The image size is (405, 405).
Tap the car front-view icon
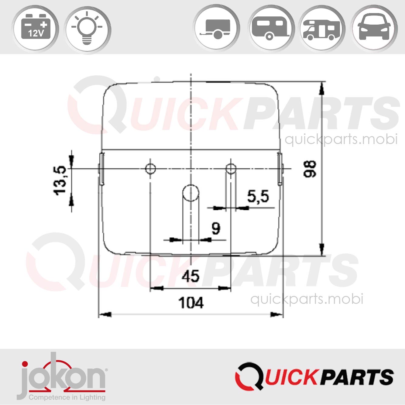pyautogui.click(x=374, y=28)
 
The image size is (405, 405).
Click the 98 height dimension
pyautogui.click(x=310, y=169)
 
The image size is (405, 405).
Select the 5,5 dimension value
pyautogui.click(x=258, y=197)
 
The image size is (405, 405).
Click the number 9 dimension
pyautogui.click(x=216, y=228)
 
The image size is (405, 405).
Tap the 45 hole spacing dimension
pyautogui.click(x=190, y=276)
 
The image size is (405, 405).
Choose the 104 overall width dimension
pyautogui.click(x=191, y=303)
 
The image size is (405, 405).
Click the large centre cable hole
pyautogui.click(x=190, y=193)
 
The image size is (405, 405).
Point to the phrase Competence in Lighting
pyautogui.click(x=67, y=397)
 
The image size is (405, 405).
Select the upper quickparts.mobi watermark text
pyautogui.click(x=341, y=139)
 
